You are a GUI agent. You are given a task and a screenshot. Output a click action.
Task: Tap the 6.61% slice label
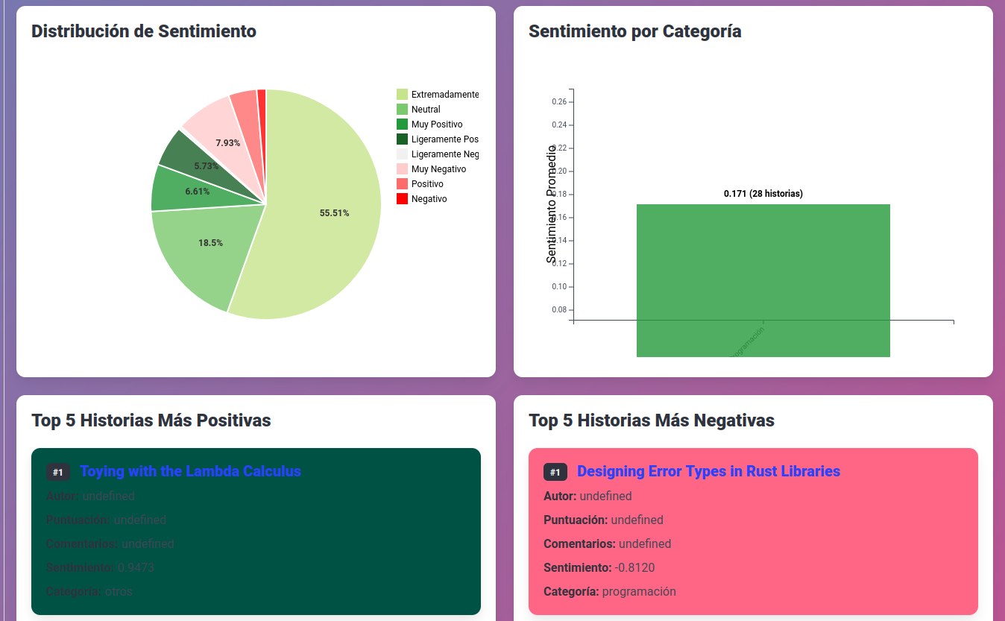point(198,192)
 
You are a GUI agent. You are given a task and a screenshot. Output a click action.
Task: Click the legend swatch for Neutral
point(402,110)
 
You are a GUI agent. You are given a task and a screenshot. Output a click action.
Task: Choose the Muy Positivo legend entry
point(436,124)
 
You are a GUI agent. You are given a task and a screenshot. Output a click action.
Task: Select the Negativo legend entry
point(429,199)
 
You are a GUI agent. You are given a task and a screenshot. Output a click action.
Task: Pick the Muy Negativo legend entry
point(438,169)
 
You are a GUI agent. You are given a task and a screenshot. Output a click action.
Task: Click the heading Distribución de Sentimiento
point(144,31)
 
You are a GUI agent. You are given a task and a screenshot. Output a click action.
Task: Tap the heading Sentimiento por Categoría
point(634,31)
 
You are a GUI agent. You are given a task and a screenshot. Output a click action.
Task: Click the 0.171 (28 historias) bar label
point(763,194)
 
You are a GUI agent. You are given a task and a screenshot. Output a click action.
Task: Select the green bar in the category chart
point(763,276)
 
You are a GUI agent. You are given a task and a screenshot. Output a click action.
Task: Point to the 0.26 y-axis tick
point(559,102)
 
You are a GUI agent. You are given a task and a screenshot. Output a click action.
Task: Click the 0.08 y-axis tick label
point(559,310)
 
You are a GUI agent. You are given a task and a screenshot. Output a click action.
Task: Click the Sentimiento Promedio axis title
point(552,204)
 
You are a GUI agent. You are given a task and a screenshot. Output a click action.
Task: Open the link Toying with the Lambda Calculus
point(190,471)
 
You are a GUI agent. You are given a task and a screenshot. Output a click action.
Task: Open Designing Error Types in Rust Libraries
point(708,471)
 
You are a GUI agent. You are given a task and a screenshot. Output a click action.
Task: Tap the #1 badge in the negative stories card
point(555,472)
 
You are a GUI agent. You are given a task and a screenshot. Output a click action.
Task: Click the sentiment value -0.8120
point(634,567)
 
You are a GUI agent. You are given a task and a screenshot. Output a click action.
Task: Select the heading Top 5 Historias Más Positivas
point(151,420)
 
